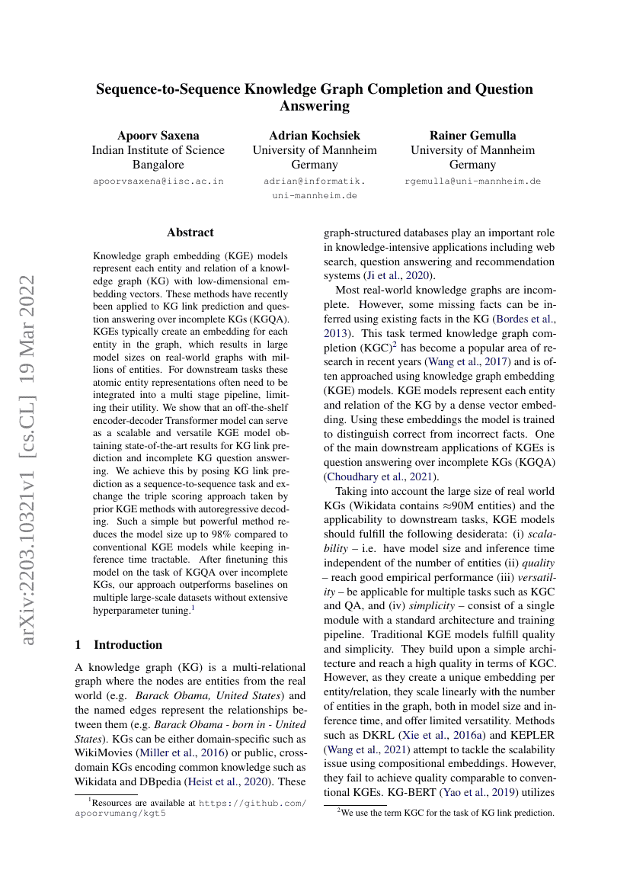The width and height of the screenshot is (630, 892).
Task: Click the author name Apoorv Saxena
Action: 158,136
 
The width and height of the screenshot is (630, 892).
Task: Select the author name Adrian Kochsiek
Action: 315,136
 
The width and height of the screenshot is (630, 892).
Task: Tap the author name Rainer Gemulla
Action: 472,136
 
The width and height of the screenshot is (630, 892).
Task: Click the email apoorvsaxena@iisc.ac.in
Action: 158,181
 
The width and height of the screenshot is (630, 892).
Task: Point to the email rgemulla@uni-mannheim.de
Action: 472,181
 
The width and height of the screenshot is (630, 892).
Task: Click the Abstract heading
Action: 190,233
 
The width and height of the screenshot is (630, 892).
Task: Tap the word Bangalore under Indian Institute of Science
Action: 158,165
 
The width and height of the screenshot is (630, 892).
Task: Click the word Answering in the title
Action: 315,106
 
